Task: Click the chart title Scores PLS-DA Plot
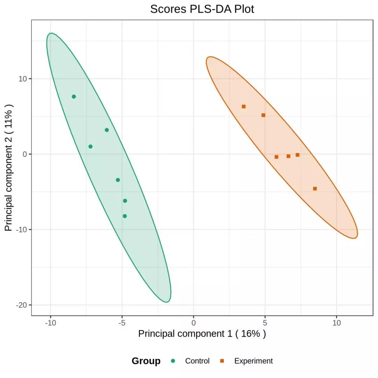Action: pos(202,9)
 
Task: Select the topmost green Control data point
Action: pos(74,97)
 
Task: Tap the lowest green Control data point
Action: pos(125,216)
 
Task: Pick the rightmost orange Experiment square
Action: pos(315,189)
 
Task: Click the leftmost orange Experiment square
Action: pos(244,106)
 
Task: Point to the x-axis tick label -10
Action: pos(50,323)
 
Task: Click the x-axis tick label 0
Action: pos(194,323)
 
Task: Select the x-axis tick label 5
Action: pos(265,323)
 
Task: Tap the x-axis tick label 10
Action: pos(336,323)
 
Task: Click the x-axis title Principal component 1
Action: pos(202,334)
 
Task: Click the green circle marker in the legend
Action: pos(173,361)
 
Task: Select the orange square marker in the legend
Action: pos(222,361)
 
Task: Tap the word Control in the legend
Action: pos(197,361)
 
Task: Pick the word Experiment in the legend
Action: pos(253,361)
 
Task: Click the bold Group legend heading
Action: pos(146,361)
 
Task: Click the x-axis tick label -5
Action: pos(122,323)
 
